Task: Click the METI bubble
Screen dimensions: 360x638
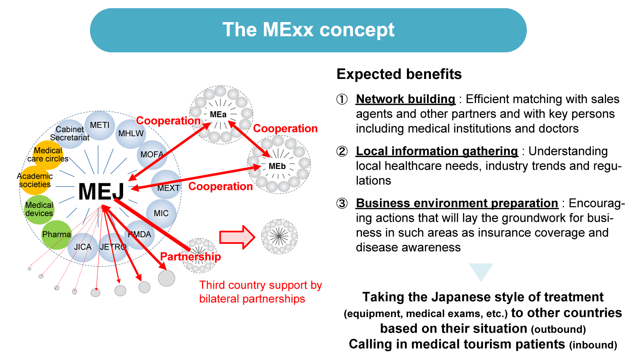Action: pyautogui.click(x=100, y=125)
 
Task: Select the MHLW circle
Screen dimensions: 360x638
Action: pyautogui.click(x=131, y=134)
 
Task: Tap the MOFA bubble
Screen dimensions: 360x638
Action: pyautogui.click(x=152, y=155)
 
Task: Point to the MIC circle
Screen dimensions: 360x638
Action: pyautogui.click(x=161, y=213)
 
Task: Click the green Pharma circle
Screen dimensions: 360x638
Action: pyautogui.click(x=56, y=235)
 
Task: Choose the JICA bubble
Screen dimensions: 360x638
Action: pyautogui.click(x=83, y=247)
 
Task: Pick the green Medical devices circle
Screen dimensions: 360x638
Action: pyautogui.click(x=39, y=209)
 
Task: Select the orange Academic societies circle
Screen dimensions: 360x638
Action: pyautogui.click(x=35, y=180)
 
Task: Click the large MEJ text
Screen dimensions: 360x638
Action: pyautogui.click(x=101, y=191)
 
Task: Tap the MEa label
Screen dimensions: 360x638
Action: pyautogui.click(x=218, y=115)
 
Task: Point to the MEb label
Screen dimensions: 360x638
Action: pyautogui.click(x=277, y=166)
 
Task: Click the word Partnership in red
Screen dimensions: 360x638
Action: pyautogui.click(x=191, y=256)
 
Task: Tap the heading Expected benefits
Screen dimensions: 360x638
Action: pyautogui.click(x=399, y=74)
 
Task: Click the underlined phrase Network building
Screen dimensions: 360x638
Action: pyautogui.click(x=405, y=99)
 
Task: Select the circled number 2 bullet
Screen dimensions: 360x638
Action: pyautogui.click(x=342, y=151)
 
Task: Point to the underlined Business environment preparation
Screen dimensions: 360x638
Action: pyautogui.click(x=457, y=203)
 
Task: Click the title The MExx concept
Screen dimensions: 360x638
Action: pyautogui.click(x=308, y=30)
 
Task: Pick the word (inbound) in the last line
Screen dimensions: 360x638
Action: pyautogui.click(x=593, y=345)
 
